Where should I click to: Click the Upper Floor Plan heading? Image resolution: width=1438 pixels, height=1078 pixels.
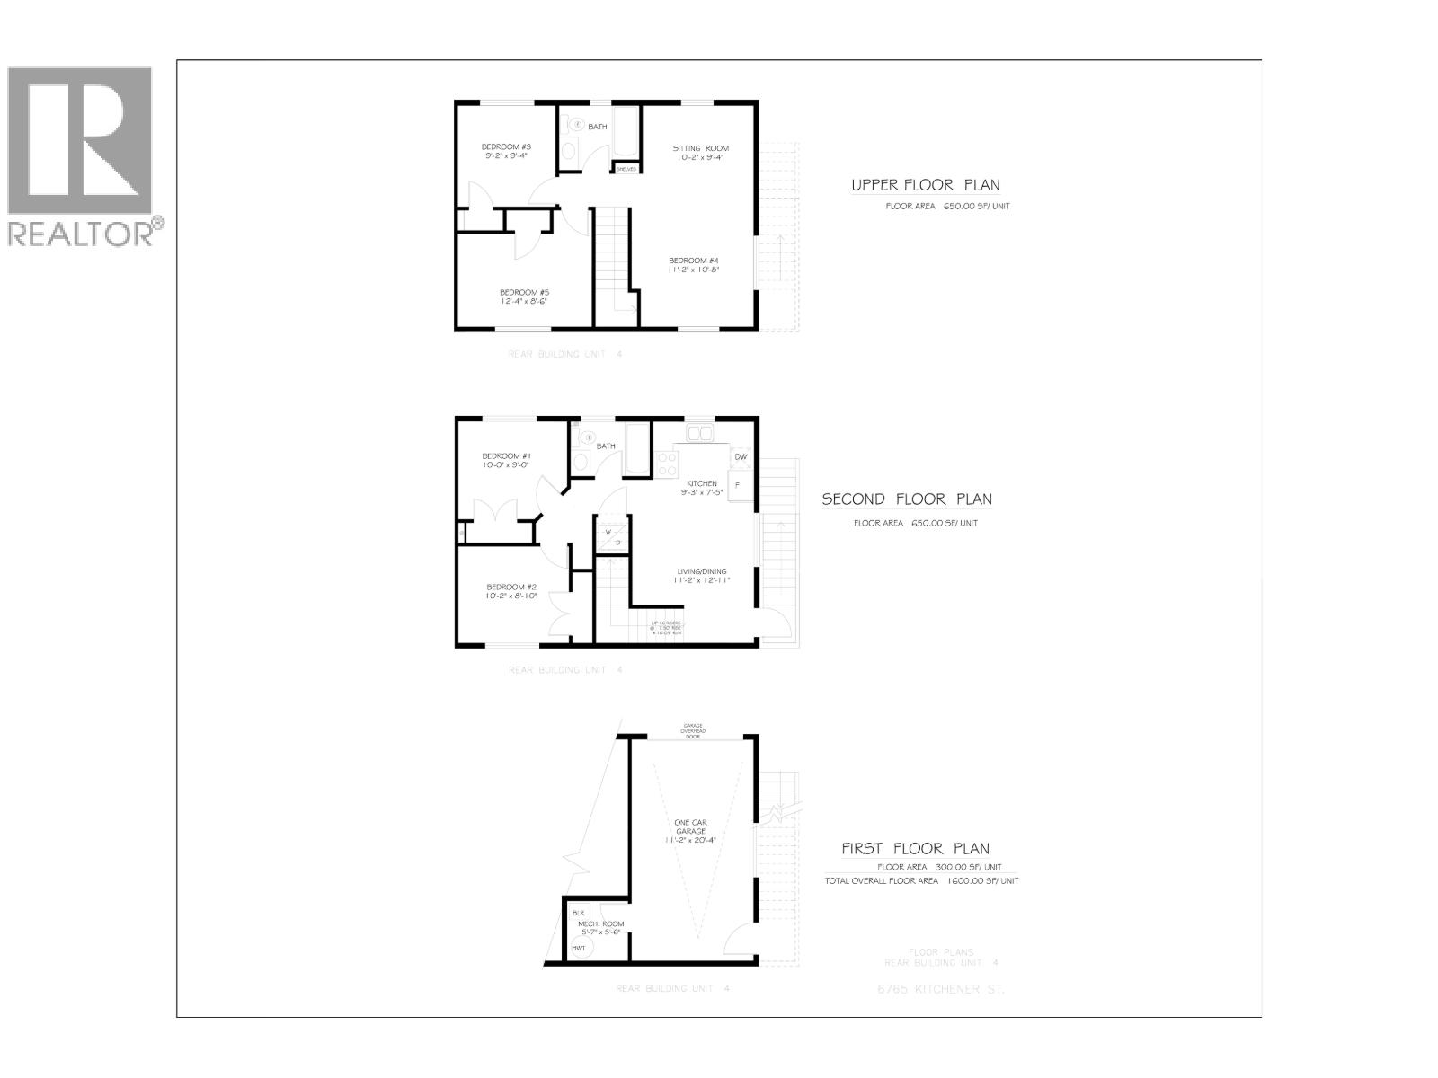pos(925,186)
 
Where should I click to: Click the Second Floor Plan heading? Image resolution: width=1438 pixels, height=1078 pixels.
pos(907,499)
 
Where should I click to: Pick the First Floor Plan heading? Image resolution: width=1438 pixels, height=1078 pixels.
pos(915,848)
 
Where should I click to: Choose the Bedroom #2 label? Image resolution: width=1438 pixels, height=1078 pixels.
pos(511,591)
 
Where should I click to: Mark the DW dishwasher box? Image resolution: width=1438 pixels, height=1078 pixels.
pos(741,457)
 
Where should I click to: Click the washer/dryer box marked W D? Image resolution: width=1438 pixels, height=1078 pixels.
pos(612,536)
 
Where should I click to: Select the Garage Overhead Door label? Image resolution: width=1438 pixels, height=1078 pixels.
pos(692,731)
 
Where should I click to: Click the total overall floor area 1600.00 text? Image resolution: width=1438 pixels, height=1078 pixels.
pos(921,881)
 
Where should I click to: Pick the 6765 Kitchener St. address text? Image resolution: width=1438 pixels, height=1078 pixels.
pos(940,989)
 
